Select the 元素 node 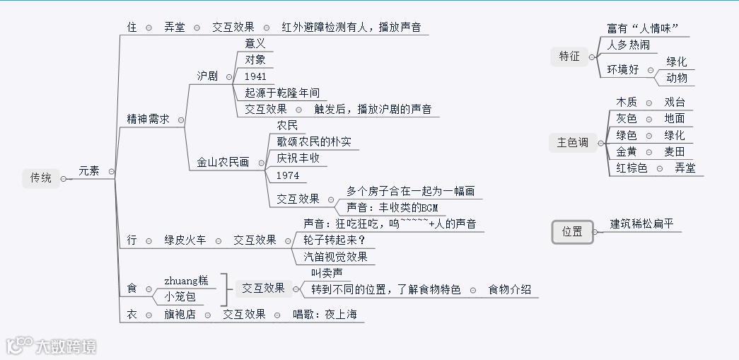tap(88, 170)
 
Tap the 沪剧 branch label tap(207, 76)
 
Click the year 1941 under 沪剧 tap(255, 76)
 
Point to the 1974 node tap(288, 175)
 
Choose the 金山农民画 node tap(223, 162)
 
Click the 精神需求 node tap(148, 120)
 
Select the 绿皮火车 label tap(185, 240)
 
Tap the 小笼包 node tap(180, 296)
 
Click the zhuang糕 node tap(186, 280)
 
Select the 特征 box tap(569, 57)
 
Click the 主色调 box tap(572, 143)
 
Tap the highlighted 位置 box tap(572, 231)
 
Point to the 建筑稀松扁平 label tap(642, 224)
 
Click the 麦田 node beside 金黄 tap(675, 151)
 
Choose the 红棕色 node tap(632, 168)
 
